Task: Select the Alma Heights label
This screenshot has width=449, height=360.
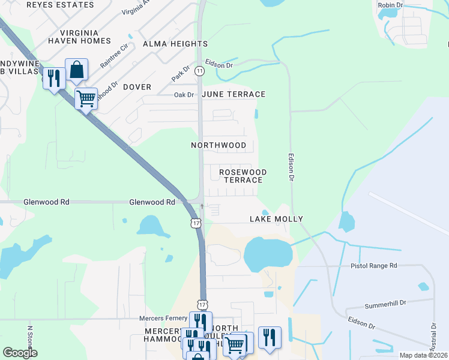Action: pos(175,44)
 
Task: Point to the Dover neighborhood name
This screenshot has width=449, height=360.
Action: pos(137,87)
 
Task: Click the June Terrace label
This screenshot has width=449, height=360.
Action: pos(234,94)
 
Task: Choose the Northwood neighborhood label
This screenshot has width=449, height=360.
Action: pos(218,145)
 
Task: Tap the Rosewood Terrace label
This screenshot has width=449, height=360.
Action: pos(243,176)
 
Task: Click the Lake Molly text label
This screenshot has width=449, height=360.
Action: pos(276,219)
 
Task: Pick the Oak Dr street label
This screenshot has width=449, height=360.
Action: pos(184,95)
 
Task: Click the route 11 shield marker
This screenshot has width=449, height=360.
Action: pos(199,71)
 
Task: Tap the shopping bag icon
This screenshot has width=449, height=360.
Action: pos(77,70)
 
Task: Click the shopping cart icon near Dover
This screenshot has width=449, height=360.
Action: pos(86,97)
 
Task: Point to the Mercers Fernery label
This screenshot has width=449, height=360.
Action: pos(163,319)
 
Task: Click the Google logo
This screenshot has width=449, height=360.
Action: pos(20,353)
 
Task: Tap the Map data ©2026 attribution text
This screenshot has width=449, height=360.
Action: pos(423,355)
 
